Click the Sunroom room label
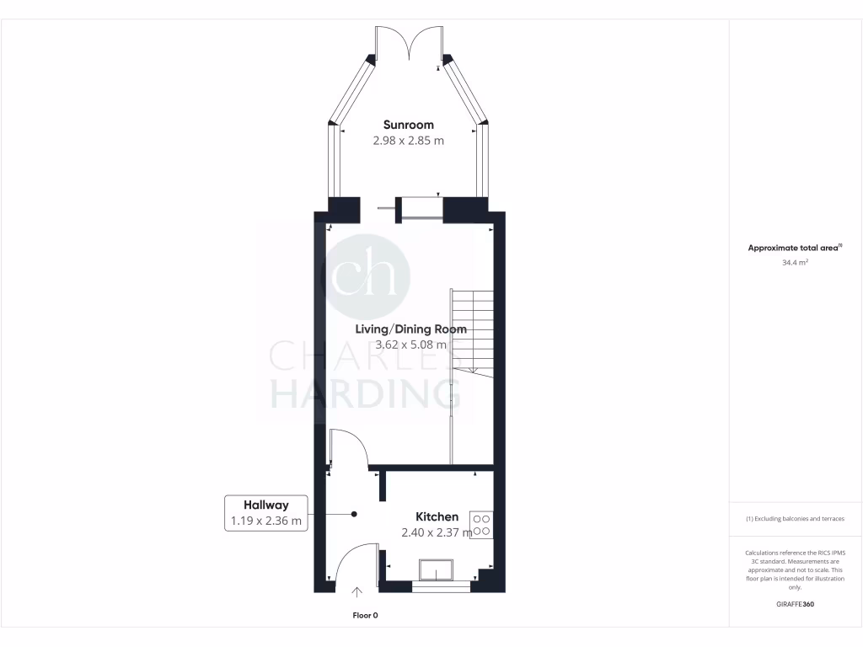pyautogui.click(x=409, y=126)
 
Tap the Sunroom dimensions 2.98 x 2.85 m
pyautogui.click(x=409, y=141)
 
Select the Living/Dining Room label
pyautogui.click(x=410, y=329)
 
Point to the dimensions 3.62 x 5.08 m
pyautogui.click(x=412, y=345)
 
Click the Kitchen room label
pyautogui.click(x=437, y=516)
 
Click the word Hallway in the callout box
pyautogui.click(x=265, y=505)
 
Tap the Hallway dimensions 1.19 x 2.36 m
pyautogui.click(x=265, y=521)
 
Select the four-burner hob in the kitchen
pyautogui.click(x=482, y=525)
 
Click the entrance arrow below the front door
pyautogui.click(x=356, y=594)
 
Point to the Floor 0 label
pyautogui.click(x=365, y=616)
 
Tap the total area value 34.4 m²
pyautogui.click(x=796, y=263)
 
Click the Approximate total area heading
pyautogui.click(x=795, y=248)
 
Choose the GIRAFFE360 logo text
pyautogui.click(x=796, y=604)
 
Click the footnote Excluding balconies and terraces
pyautogui.click(x=796, y=519)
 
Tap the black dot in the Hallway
pyautogui.click(x=355, y=514)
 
